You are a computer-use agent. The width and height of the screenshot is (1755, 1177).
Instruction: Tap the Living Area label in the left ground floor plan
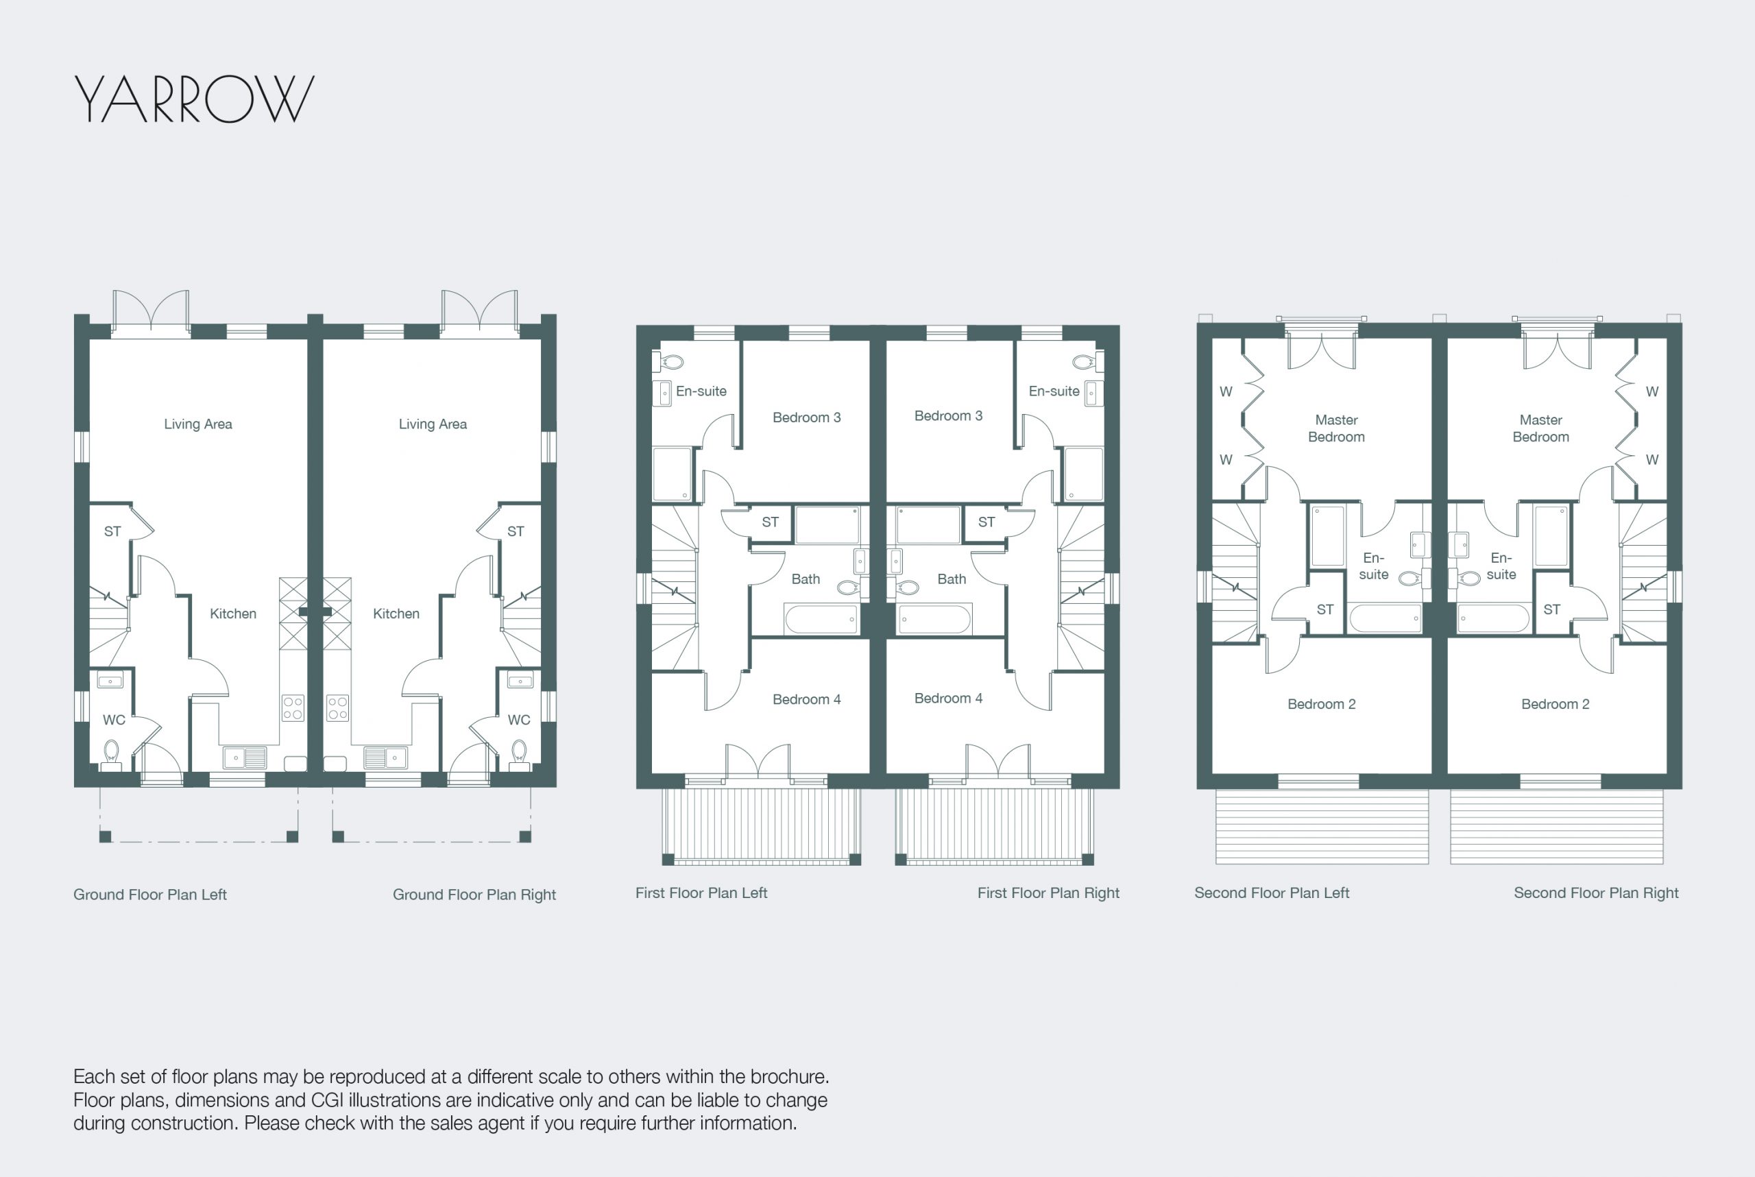click(x=198, y=424)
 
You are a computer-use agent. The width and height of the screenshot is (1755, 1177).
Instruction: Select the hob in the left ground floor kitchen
click(x=293, y=708)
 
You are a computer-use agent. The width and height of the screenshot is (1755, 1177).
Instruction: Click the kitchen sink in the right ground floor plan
click(x=385, y=757)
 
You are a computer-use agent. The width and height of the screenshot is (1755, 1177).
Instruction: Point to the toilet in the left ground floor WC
click(x=111, y=752)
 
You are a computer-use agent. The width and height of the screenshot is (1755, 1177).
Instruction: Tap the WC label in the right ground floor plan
click(x=519, y=720)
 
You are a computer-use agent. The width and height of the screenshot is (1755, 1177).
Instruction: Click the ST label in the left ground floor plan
click(x=112, y=531)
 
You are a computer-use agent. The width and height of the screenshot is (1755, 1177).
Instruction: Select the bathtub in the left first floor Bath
click(x=821, y=619)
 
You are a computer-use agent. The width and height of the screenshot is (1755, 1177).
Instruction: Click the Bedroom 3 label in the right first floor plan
click(x=948, y=416)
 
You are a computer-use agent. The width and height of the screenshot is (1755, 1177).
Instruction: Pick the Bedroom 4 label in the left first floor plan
click(x=807, y=700)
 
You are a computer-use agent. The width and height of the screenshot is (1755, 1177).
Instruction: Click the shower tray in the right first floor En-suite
click(x=1084, y=474)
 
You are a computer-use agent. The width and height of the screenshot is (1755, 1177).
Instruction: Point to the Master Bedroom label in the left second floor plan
click(x=1336, y=428)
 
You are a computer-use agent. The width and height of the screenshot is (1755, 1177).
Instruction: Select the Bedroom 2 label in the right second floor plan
click(x=1556, y=704)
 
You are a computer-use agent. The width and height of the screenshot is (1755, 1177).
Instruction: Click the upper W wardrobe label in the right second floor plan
click(x=1652, y=392)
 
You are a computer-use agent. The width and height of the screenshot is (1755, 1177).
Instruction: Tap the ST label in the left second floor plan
click(x=1325, y=609)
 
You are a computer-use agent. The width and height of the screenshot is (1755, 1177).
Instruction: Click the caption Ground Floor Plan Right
click(x=474, y=895)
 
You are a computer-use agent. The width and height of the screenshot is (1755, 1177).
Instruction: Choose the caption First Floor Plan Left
click(x=701, y=893)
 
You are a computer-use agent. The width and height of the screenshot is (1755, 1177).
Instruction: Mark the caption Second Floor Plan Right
click(x=1596, y=893)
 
